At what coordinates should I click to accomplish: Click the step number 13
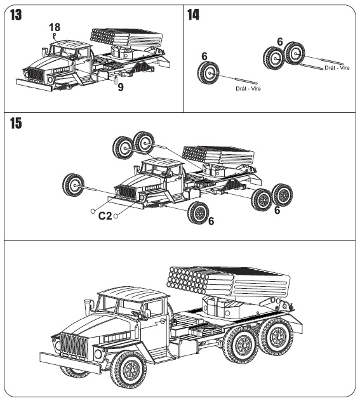[16, 15]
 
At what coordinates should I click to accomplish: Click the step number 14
[193, 15]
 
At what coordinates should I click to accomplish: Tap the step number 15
[16, 123]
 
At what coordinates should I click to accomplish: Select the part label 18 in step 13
[55, 27]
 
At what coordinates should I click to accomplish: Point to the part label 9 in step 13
[121, 88]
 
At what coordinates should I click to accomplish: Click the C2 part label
[105, 216]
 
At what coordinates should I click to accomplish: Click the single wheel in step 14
[208, 74]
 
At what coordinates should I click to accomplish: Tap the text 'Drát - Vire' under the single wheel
[248, 89]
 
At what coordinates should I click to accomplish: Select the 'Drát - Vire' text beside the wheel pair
[337, 68]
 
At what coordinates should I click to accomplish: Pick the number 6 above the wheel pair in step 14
[280, 42]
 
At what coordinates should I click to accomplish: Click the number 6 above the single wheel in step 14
[204, 56]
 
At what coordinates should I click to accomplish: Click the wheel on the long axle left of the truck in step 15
[73, 185]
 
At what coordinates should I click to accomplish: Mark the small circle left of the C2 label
[93, 211]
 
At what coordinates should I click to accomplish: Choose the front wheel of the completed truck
[128, 369]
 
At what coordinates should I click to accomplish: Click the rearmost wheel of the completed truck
[276, 337]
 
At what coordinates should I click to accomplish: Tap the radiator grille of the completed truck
[74, 345]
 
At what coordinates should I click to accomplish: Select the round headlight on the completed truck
[98, 354]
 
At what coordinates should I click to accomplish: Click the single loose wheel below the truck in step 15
[198, 213]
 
